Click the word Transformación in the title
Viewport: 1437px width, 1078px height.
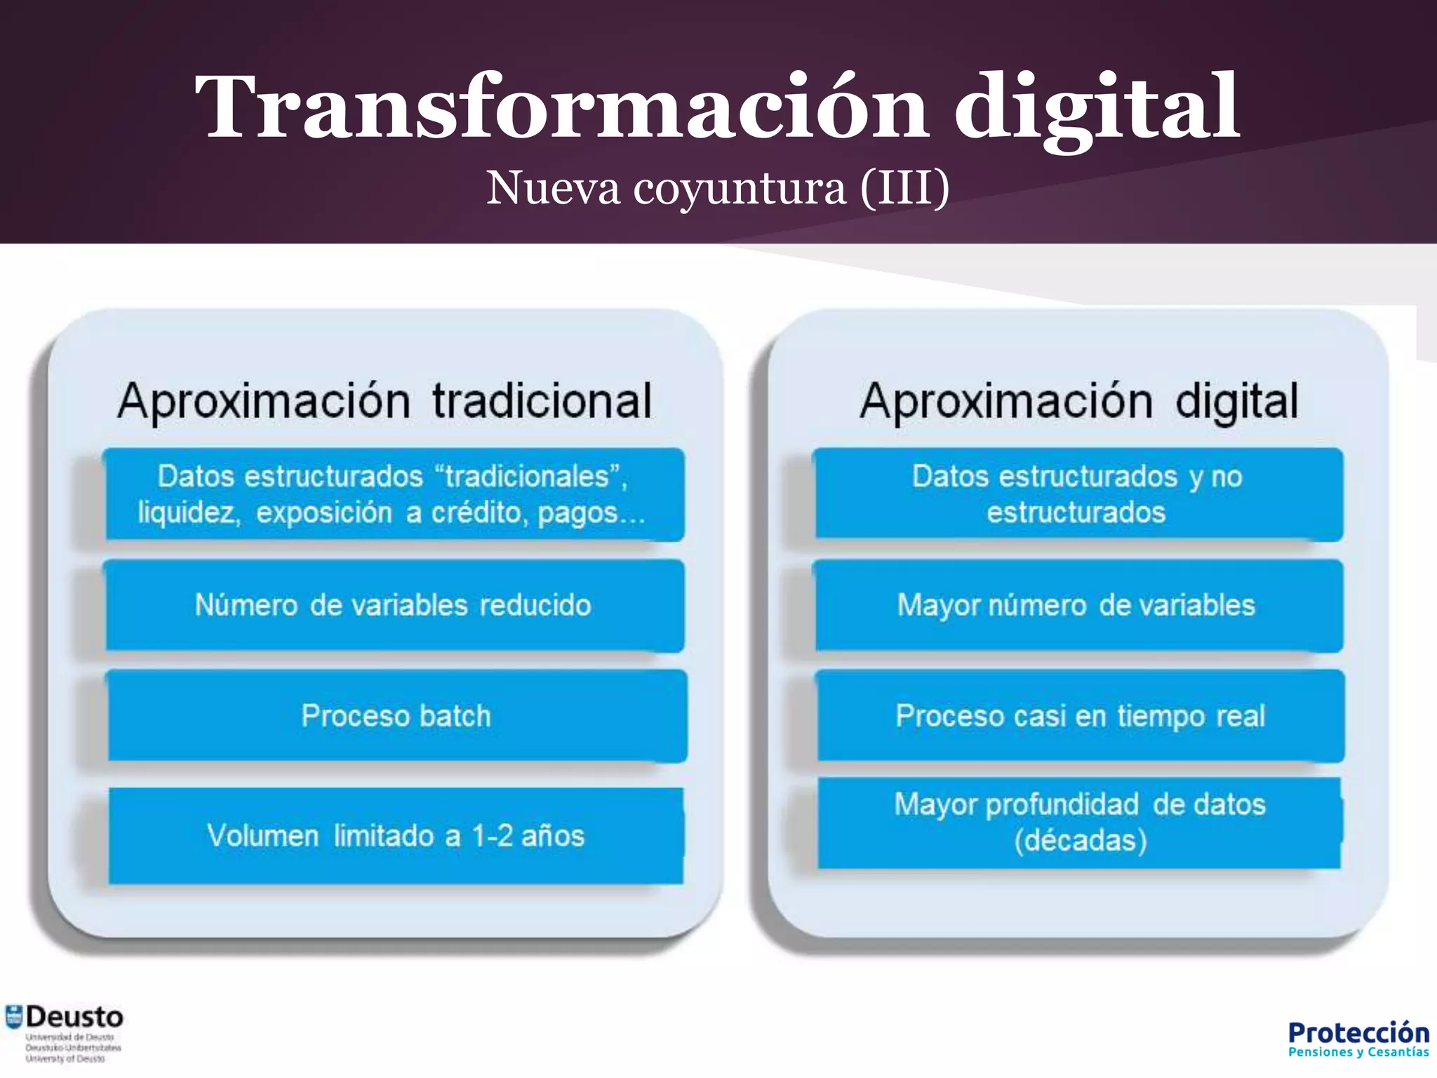tap(561, 107)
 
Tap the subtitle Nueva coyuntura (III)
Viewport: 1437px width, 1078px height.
tap(718, 188)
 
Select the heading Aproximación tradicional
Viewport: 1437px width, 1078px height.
tap(385, 401)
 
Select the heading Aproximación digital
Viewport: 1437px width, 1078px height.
tap(1079, 401)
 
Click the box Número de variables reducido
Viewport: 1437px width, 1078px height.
tap(394, 605)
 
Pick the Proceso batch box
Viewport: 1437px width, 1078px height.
tap(396, 716)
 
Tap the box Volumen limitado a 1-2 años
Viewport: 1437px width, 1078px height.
tap(396, 836)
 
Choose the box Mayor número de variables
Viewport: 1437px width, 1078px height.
tap(1076, 605)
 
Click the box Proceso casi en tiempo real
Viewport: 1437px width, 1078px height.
tap(1080, 716)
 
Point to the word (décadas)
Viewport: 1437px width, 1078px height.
tap(1081, 841)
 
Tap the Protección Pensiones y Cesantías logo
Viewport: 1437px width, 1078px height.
tap(1358, 1039)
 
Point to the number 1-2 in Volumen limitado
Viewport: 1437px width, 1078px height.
tap(493, 836)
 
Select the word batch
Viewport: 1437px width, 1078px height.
tap(455, 716)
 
